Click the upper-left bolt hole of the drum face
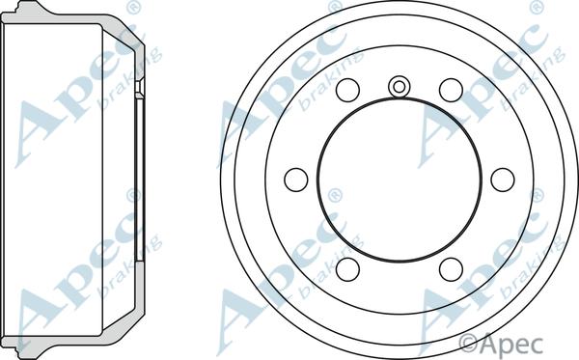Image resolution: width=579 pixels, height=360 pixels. [347, 90]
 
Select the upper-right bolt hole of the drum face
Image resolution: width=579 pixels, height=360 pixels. [451, 90]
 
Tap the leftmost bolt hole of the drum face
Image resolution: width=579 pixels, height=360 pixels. [296, 180]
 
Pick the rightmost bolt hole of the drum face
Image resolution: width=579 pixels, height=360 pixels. [503, 180]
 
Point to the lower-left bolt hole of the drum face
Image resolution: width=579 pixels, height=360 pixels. [347, 269]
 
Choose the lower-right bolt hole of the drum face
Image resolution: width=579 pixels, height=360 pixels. [451, 269]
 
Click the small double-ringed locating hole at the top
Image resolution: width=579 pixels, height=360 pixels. [400, 87]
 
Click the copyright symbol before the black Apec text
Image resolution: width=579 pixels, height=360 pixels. [468, 344]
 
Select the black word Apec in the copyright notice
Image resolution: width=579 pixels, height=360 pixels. [511, 345]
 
